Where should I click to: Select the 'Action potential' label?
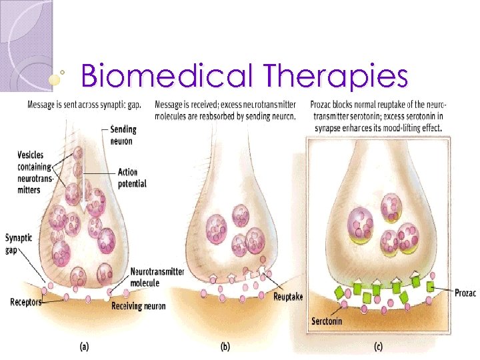[131, 179]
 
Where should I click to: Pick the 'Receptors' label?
[25, 302]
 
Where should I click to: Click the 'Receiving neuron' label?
[138, 306]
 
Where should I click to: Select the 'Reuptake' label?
[288, 297]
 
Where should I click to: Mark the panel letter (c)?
[377, 346]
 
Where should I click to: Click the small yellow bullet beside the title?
[57, 79]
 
